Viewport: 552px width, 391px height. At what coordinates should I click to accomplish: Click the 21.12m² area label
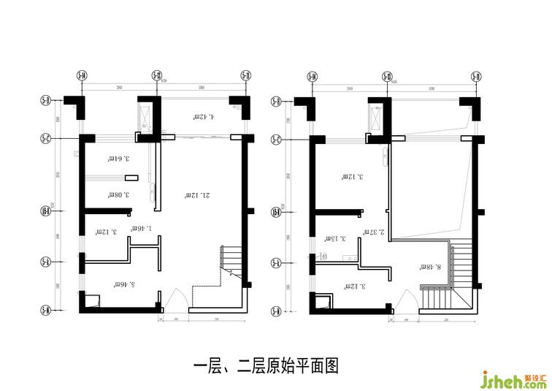click(x=197, y=195)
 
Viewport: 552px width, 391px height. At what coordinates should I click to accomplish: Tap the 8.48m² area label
click(x=428, y=267)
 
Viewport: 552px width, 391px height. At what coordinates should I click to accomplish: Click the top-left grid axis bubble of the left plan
click(x=82, y=75)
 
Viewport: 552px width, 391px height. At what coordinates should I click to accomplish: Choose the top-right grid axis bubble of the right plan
click(x=475, y=75)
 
